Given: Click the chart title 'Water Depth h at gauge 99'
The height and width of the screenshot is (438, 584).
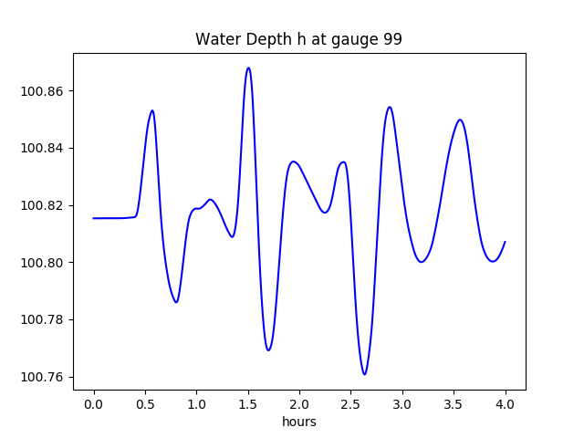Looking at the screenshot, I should pyautogui.click(x=298, y=39).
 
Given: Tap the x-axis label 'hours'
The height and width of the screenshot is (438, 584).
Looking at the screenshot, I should pyautogui.click(x=298, y=422).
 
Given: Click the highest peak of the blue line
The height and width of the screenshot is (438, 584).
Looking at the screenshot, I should pyautogui.click(x=248, y=68).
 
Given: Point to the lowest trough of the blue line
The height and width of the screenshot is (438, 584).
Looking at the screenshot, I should pyautogui.click(x=364, y=374).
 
